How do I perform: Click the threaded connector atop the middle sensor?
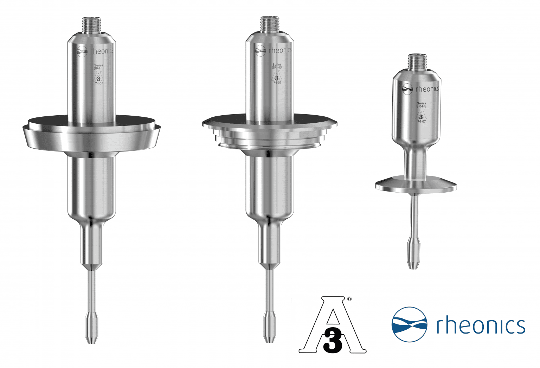coord(269,24)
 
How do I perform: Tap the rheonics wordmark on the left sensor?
coord(102,51)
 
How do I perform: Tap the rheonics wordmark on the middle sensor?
coord(280,50)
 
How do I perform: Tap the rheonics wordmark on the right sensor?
coord(427,89)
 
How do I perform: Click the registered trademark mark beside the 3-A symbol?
coord(349,299)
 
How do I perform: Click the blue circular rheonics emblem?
coord(409,324)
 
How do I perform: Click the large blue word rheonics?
coord(481,325)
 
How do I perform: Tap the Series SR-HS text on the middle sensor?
coord(277,66)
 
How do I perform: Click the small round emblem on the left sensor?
coord(82,51)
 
